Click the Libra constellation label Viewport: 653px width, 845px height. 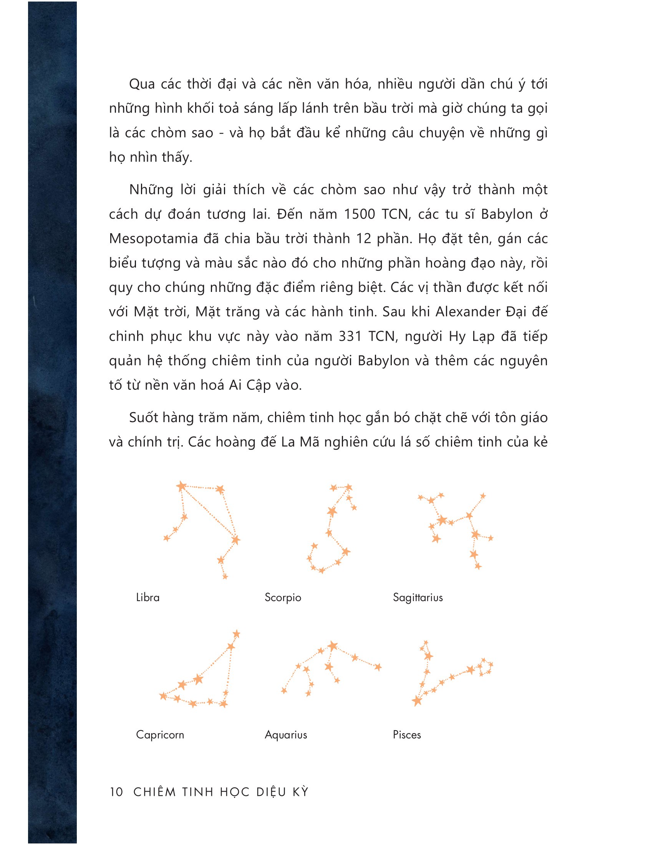148,597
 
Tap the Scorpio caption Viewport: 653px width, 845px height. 283,597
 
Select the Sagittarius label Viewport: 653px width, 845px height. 418,597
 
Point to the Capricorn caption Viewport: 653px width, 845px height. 160,735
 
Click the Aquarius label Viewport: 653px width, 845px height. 286,735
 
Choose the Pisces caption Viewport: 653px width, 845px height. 406,735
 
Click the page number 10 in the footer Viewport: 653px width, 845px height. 116,792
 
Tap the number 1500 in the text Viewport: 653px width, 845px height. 360,214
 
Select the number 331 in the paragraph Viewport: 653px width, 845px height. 350,336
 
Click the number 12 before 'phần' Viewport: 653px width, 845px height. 364,239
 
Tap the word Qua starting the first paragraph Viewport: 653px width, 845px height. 142,84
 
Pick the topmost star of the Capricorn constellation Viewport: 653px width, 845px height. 236,634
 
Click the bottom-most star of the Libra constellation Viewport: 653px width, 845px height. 225,577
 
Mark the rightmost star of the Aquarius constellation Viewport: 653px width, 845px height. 378,667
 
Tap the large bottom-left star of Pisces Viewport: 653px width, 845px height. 417,701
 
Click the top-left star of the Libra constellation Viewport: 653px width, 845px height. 181,486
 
